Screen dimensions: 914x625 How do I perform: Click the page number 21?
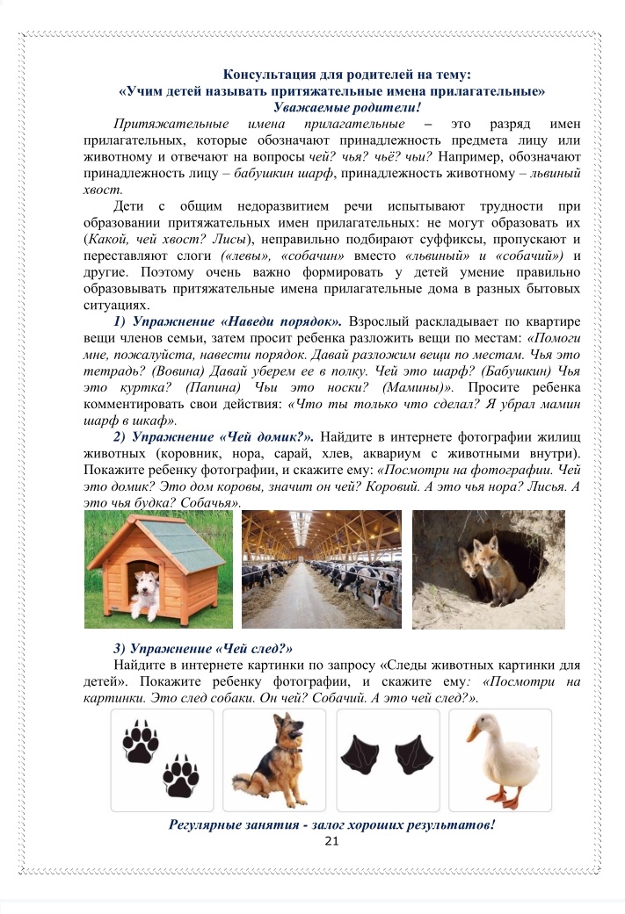331,841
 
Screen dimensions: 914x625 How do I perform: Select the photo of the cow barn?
322,570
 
